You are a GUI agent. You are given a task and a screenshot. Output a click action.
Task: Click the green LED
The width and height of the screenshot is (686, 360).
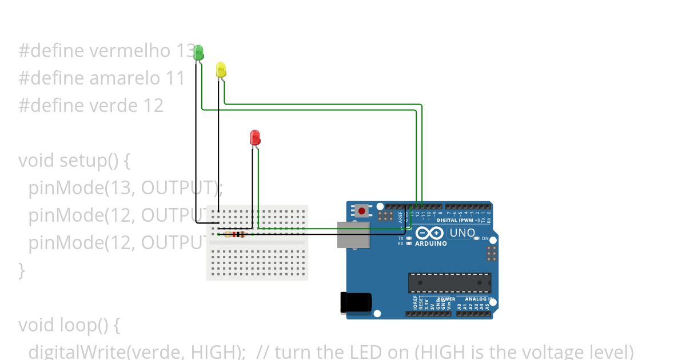click(x=198, y=53)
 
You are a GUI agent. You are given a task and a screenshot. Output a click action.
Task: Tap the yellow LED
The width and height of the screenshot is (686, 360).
click(x=221, y=70)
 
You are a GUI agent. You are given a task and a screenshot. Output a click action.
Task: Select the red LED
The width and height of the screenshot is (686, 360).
click(x=255, y=137)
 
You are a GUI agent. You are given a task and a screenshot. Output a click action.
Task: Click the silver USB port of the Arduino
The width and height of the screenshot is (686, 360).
click(x=353, y=235)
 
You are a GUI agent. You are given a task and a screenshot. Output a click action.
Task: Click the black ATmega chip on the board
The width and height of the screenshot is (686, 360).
click(x=449, y=283)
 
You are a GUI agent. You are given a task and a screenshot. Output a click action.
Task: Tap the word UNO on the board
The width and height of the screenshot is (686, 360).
click(x=462, y=233)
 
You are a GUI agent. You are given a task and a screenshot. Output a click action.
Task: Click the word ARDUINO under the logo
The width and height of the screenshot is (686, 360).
click(x=431, y=243)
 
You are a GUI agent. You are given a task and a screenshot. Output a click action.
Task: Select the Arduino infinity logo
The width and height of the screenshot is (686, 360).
click(x=429, y=233)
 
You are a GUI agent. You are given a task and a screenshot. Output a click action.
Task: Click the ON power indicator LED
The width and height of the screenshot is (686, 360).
click(x=477, y=238)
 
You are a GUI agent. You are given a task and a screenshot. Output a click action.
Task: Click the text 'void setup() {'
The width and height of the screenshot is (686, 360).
click(x=74, y=161)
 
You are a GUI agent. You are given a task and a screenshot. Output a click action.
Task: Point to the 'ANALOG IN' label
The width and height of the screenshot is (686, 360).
click(x=478, y=299)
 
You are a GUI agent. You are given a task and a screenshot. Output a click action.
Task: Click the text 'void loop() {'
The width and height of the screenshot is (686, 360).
click(x=69, y=325)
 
